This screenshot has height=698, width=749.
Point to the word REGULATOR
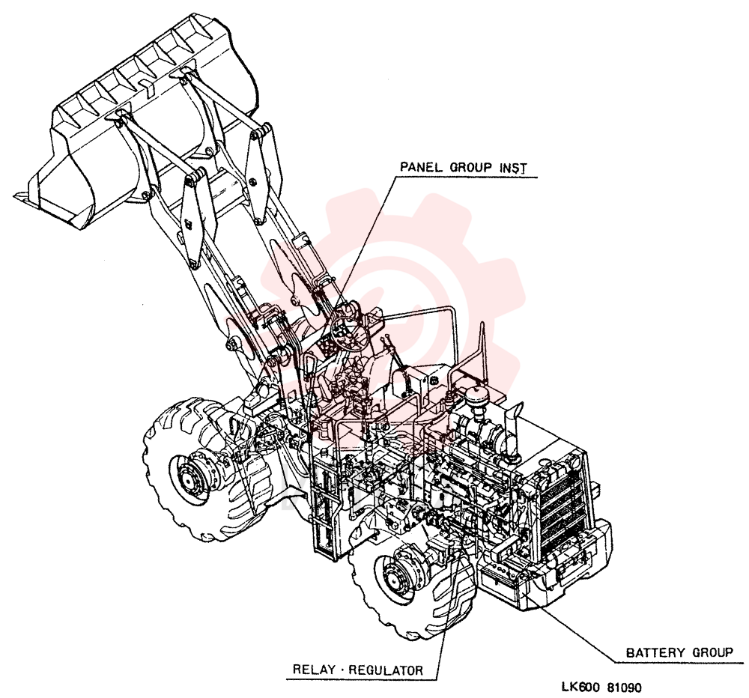pos(386,670)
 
